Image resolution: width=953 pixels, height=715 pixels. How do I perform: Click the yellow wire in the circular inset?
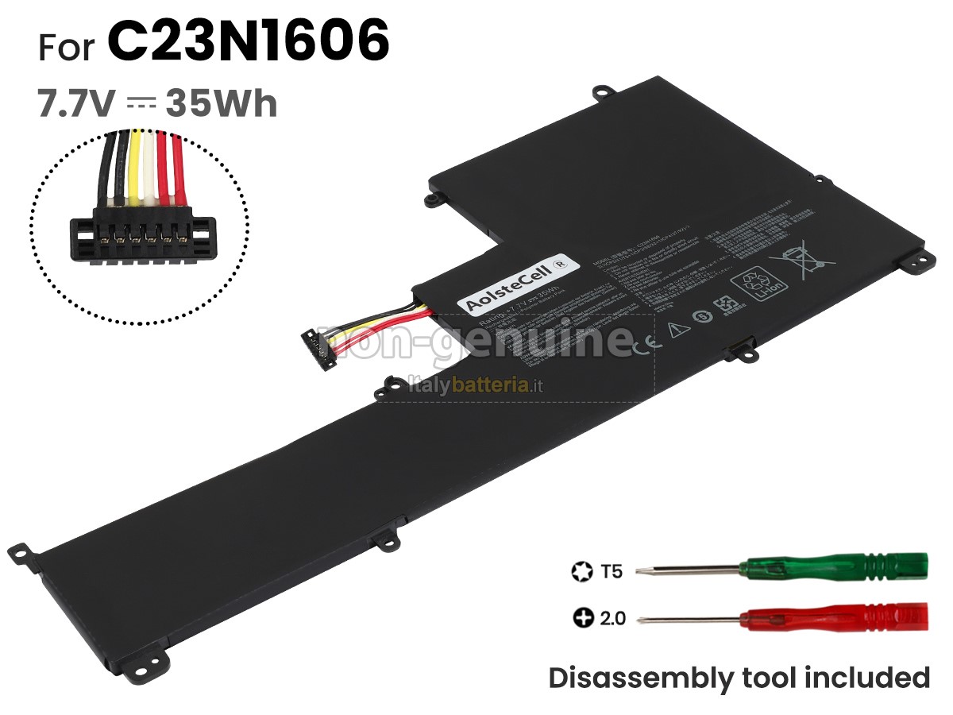coord(136,171)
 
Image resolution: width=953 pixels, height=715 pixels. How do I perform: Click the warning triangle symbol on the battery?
coord(677,328)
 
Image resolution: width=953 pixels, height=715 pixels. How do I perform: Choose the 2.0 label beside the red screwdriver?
coord(612,617)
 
